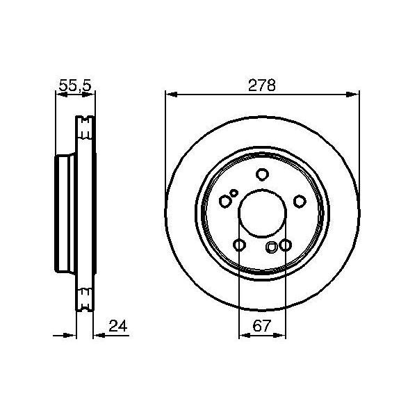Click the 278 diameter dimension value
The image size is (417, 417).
[263, 85]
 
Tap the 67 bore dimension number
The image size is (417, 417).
[262, 324]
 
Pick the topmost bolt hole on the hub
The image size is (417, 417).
[262, 175]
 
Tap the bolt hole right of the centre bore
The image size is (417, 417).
[300, 201]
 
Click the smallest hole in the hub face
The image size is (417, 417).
[234, 193]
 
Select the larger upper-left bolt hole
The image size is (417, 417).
[224, 201]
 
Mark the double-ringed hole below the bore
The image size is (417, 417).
[272, 246]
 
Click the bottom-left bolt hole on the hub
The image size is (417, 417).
[239, 245]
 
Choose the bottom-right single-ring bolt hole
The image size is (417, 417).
[285, 245]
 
